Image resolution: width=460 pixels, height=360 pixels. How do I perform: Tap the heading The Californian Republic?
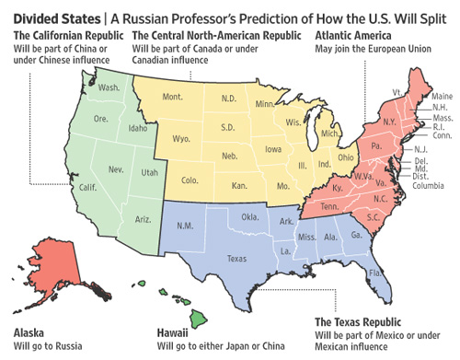pyautogui.click(x=63, y=35)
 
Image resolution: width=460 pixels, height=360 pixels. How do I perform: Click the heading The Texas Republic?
pyautogui.click(x=361, y=321)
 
